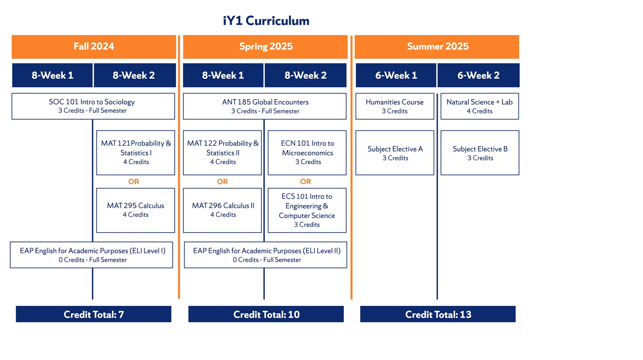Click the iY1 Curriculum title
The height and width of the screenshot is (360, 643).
point(266,21)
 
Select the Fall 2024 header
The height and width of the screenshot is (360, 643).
point(94,47)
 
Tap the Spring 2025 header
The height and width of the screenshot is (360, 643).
point(265,47)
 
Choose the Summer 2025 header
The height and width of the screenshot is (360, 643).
point(437,47)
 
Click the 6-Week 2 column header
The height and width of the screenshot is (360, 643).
point(478,75)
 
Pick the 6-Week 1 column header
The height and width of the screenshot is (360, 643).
point(396,75)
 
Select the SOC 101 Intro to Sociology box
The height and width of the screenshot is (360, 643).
point(93,106)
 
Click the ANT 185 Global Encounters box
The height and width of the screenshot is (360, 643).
point(265,106)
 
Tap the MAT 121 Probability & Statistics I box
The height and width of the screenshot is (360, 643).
point(136,153)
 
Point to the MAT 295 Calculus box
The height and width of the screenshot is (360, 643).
point(136,210)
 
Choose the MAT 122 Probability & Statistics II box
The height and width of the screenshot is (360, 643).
point(222,153)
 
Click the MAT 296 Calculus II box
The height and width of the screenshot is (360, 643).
point(222,210)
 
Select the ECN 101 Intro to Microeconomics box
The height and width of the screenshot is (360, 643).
point(307,153)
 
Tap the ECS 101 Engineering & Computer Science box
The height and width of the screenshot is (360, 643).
point(307,210)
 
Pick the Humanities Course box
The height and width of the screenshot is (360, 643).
point(395,106)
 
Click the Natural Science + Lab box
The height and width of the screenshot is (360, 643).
point(479,106)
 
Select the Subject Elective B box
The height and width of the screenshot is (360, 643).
point(479,153)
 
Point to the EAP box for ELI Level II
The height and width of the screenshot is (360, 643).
point(265,255)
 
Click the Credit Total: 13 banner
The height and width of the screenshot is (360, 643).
point(438,314)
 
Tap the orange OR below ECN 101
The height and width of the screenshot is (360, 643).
point(306,182)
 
